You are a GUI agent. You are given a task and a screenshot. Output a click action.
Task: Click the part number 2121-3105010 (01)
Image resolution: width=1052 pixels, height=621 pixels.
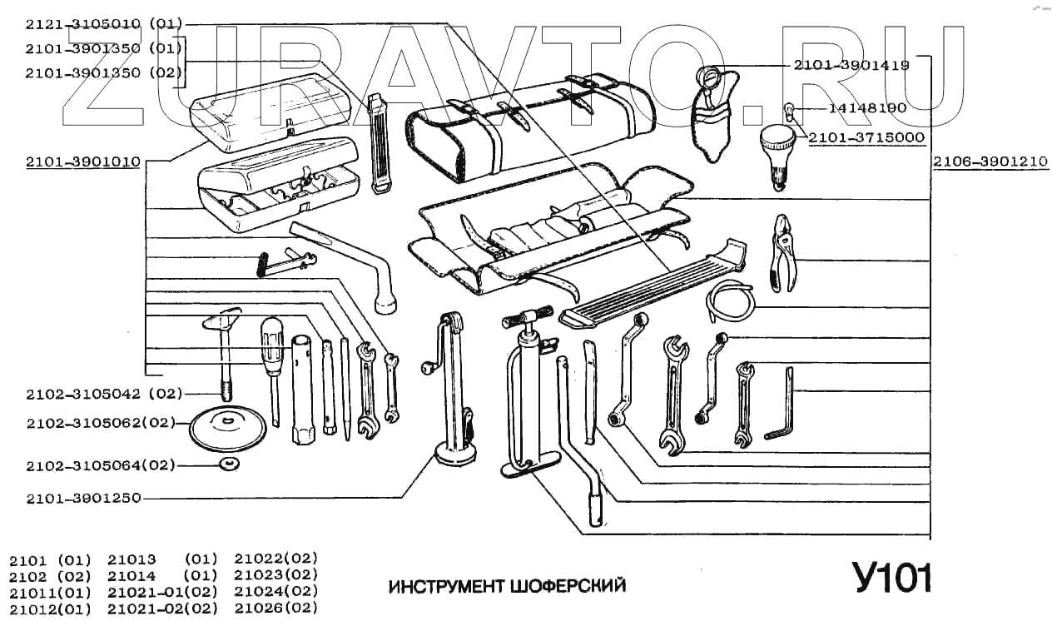(x=103, y=23)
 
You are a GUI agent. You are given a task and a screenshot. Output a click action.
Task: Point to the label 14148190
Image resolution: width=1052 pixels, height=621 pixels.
(x=867, y=107)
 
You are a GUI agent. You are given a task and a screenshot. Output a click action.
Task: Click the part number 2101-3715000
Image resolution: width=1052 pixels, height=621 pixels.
(x=866, y=137)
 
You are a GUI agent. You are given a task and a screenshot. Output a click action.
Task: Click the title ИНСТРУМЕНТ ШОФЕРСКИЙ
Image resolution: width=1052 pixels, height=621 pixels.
(x=507, y=586)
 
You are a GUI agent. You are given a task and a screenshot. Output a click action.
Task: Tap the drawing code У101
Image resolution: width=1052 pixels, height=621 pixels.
(x=891, y=577)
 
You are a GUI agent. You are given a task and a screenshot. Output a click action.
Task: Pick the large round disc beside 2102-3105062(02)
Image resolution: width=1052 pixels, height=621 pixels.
(x=227, y=429)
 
